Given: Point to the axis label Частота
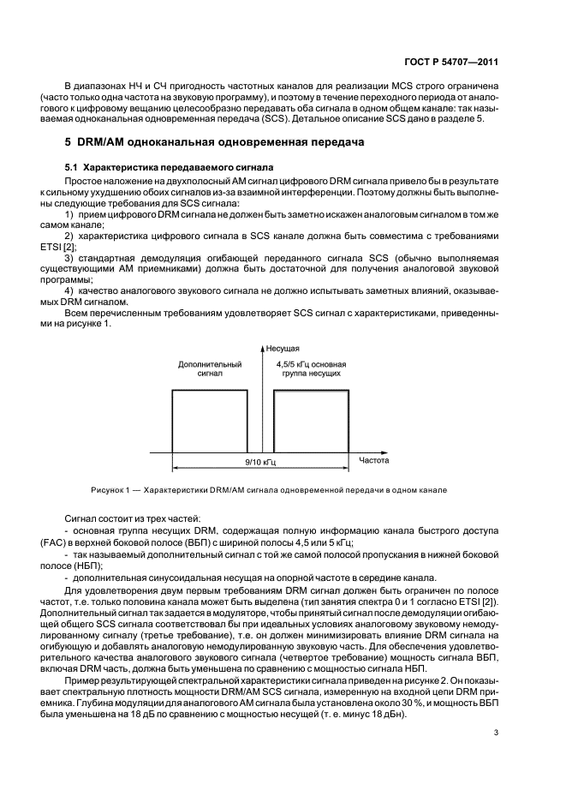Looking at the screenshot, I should click(x=374, y=460).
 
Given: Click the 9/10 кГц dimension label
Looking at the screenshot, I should click(x=260, y=461).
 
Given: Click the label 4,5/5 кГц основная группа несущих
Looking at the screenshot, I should click(x=311, y=369).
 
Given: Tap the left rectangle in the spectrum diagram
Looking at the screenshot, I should click(x=210, y=422).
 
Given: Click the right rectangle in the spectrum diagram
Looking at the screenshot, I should click(x=312, y=422).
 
